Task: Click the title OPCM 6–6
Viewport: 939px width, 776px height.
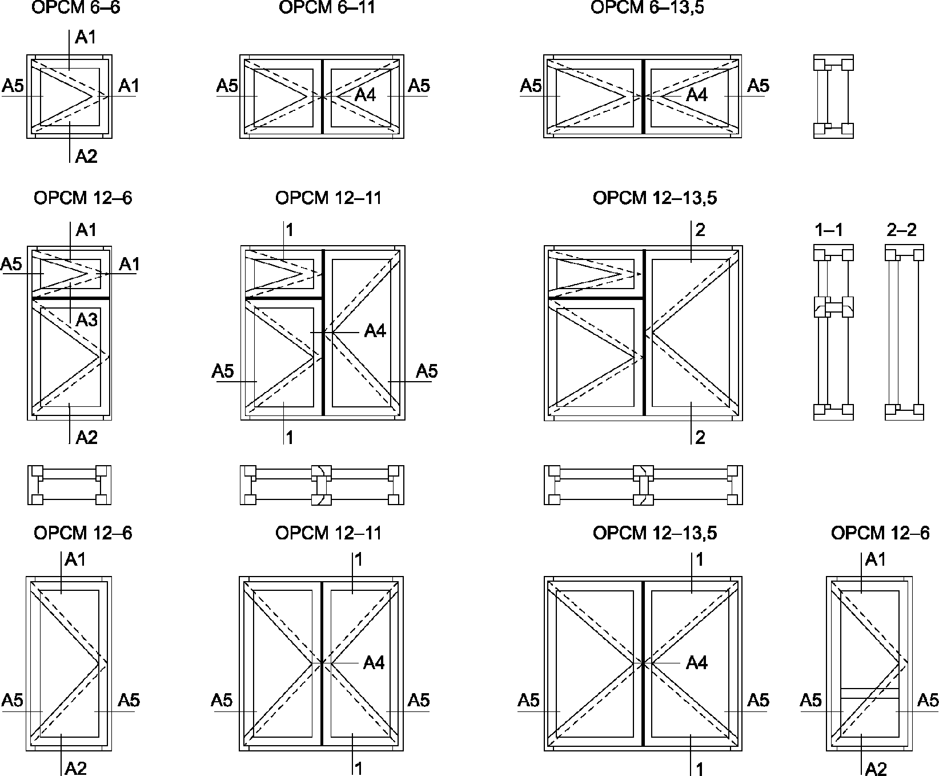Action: tap(76, 7)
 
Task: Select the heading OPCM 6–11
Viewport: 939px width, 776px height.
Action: tap(327, 7)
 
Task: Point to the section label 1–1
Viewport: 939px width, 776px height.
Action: tap(829, 230)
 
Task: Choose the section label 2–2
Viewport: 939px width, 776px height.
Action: tap(902, 230)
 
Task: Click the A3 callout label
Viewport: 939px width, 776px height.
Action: tap(87, 319)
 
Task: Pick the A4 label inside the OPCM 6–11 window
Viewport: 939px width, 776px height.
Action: tap(366, 94)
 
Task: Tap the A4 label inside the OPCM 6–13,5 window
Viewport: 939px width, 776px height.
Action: tap(697, 94)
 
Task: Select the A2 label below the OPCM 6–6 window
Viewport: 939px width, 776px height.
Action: tap(87, 156)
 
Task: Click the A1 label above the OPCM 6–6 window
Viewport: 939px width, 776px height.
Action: tap(86, 38)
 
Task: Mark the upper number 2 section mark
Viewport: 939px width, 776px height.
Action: tap(700, 230)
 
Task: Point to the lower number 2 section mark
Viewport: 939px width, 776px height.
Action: tap(700, 438)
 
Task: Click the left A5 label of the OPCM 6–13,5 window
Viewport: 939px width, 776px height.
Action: tap(531, 86)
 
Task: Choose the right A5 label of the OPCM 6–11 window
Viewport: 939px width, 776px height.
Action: tap(419, 86)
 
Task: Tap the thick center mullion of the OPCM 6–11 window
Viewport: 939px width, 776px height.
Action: tap(323, 96)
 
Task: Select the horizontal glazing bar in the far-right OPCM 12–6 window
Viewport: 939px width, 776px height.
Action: tap(870, 693)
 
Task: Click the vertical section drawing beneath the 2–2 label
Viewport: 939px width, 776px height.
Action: tap(904, 333)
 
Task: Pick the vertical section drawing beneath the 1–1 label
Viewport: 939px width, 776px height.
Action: tap(833, 333)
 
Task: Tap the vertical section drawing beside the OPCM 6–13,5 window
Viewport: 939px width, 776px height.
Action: tap(833, 97)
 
